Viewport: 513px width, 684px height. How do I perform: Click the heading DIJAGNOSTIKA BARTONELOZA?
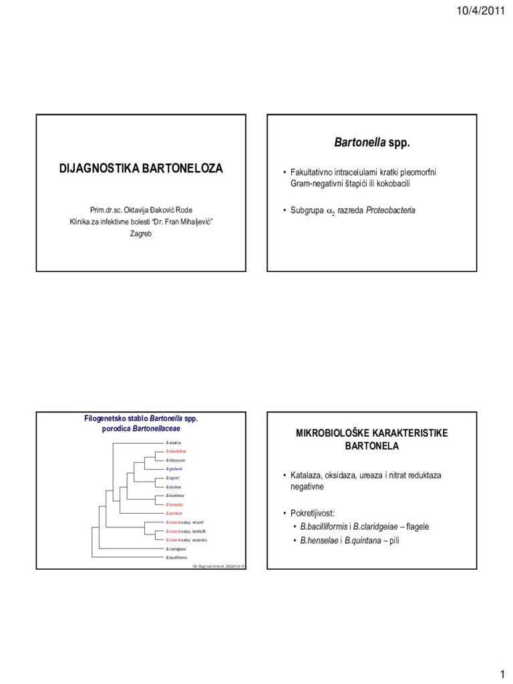(141, 169)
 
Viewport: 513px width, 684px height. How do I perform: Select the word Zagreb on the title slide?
(141, 234)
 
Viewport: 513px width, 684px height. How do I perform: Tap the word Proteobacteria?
(391, 210)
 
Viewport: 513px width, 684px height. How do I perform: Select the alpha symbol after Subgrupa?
(329, 211)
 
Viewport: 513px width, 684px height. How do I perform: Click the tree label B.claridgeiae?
(176, 548)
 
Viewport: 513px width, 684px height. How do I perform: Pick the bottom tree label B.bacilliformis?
(176, 556)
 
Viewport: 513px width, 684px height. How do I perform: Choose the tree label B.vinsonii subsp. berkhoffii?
(186, 530)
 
